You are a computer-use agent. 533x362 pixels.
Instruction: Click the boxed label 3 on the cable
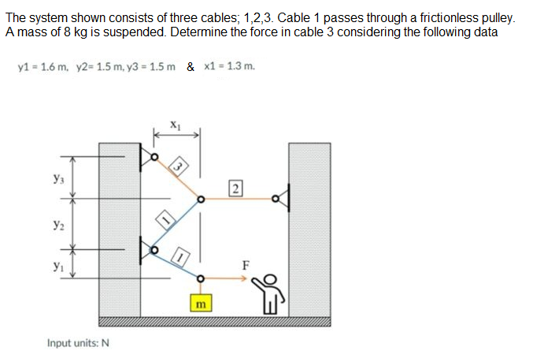tap(180, 166)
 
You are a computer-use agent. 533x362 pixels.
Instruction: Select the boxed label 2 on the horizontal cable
tap(235, 187)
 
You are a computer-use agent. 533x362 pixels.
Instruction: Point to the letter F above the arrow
tap(246, 265)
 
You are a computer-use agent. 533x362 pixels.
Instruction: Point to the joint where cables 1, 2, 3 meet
tap(201, 200)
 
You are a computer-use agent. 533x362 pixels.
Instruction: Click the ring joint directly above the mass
tap(201, 278)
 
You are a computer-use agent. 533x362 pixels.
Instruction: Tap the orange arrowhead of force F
tap(255, 278)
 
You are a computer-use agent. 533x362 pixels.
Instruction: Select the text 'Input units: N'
tap(78, 343)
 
